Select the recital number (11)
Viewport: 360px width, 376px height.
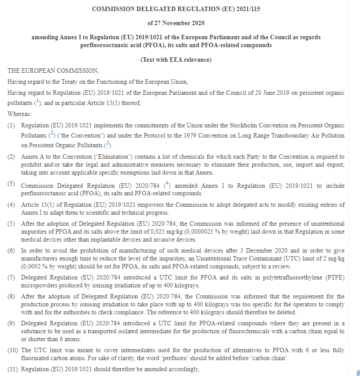coord(14,369)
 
